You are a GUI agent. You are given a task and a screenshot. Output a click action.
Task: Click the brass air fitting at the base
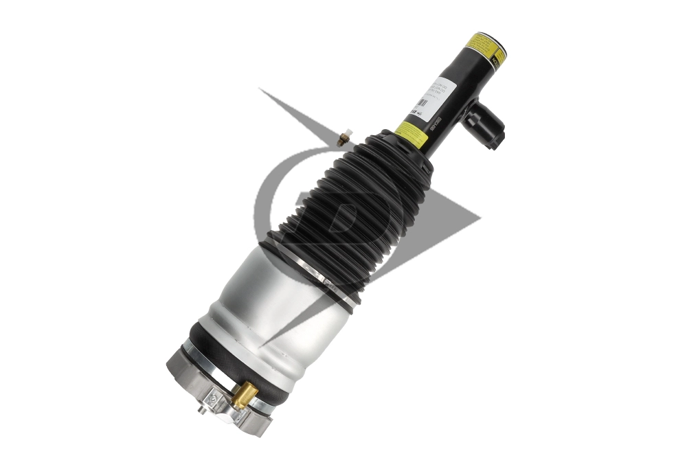click(x=243, y=395)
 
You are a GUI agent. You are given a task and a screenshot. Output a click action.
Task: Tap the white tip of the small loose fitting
click(x=349, y=132)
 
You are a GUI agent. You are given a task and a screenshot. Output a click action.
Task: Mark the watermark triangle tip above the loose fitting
click(x=260, y=90)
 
